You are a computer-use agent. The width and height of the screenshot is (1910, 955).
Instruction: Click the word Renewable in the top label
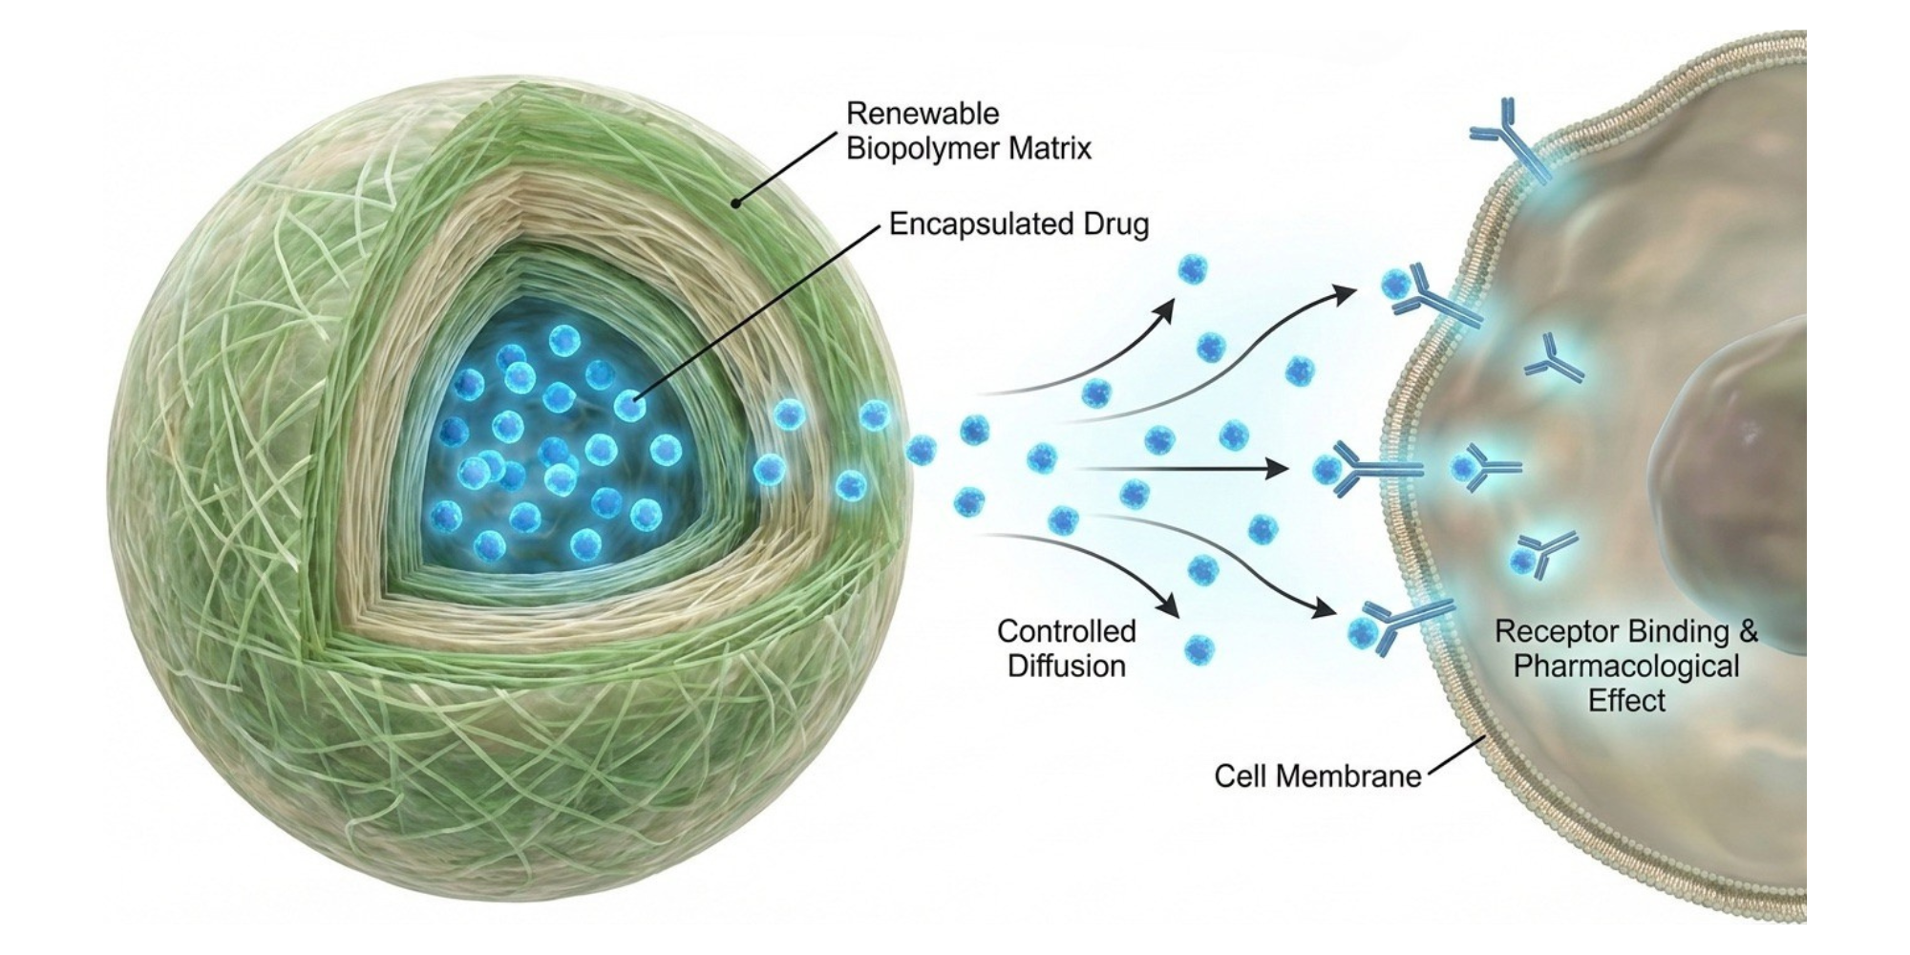908,114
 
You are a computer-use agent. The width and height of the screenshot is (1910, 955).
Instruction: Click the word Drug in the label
1114,224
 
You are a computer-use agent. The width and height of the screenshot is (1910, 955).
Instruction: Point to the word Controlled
1066,631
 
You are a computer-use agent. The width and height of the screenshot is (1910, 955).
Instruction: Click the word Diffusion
1066,666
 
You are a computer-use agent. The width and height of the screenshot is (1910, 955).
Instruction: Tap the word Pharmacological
1625,666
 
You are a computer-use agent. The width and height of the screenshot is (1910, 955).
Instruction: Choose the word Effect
1625,700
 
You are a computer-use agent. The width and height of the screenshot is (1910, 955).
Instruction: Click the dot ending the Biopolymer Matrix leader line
736,202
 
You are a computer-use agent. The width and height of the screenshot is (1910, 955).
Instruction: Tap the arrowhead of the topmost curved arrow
1345,290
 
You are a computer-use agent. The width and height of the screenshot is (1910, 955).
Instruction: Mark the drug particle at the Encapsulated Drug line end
628,406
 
